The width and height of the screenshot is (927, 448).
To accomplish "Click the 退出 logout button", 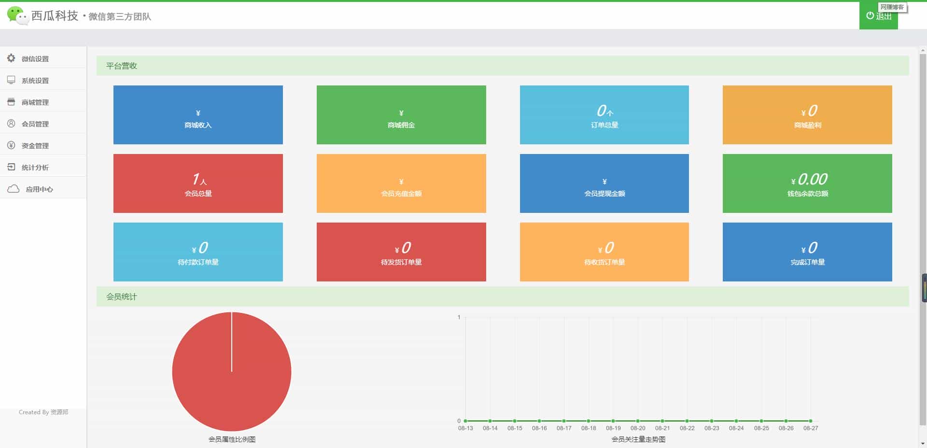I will pos(879,16).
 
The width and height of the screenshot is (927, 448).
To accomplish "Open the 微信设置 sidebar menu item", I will pos(35,59).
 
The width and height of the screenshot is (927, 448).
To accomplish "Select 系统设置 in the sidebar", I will pos(35,81).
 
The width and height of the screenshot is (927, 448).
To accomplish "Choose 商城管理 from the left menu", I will pos(35,102).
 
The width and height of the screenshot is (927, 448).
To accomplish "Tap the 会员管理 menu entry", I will pos(35,124).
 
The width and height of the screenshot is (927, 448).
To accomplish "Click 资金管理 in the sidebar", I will pos(35,146).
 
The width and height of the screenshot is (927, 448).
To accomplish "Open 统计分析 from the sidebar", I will pos(35,168).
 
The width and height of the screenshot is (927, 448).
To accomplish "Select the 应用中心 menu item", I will pos(39,189).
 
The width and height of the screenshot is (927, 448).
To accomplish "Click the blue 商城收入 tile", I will pos(198,115).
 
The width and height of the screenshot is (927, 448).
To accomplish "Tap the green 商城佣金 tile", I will pos(401,115).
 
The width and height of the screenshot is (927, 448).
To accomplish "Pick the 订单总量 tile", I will pos(604,115).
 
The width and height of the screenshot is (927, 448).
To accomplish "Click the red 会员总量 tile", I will pos(198,183).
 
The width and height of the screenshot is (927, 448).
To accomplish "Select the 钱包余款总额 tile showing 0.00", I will pos(807,183).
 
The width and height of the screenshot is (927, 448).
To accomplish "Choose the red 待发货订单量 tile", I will pos(401,252).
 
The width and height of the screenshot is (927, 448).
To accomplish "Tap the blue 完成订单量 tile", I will pos(807,252).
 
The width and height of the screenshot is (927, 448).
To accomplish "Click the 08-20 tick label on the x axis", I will pos(638,428).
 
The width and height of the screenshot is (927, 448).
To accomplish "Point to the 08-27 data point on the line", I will pos(811,421).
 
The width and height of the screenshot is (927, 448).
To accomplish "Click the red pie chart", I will pos(232,372).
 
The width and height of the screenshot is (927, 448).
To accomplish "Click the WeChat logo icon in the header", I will pos(17,15).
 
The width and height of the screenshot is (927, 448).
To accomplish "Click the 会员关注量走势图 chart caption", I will pos(638,439).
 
